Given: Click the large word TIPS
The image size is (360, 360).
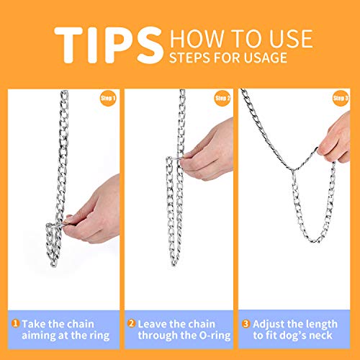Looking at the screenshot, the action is click(109, 45).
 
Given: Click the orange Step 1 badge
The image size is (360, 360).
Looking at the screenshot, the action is click(108, 98).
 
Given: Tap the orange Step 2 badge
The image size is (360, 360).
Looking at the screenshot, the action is click(222, 98).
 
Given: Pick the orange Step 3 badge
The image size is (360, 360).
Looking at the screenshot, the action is click(341, 98).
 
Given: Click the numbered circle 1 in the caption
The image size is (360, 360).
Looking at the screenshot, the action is click(15, 323).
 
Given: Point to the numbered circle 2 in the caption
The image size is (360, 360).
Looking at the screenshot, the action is click(131, 323).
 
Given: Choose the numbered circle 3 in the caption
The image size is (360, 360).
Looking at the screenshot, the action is click(246, 323).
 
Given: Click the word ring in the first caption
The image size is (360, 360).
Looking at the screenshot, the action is click(99, 336).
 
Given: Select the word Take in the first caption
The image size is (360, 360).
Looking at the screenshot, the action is click(34, 324).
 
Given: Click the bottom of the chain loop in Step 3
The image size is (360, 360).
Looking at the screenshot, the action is click(313, 240).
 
